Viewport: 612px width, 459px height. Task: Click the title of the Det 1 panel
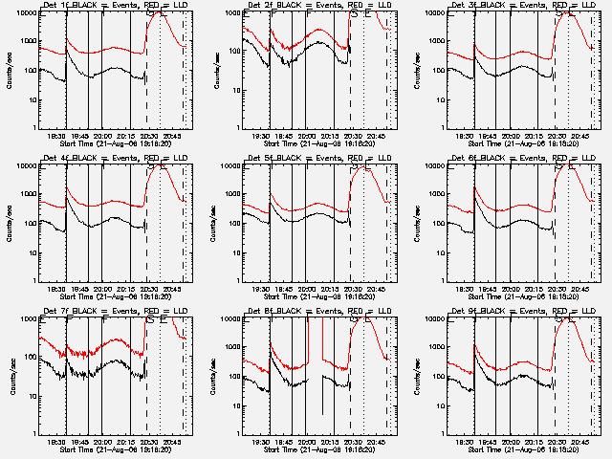pyautogui.click(x=112, y=6)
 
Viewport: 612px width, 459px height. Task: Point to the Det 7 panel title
pyautogui.click(x=112, y=312)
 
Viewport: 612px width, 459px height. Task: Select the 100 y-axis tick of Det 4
pyautogui.click(x=29, y=224)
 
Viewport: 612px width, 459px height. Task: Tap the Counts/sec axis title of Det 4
pyautogui.click(x=9, y=223)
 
